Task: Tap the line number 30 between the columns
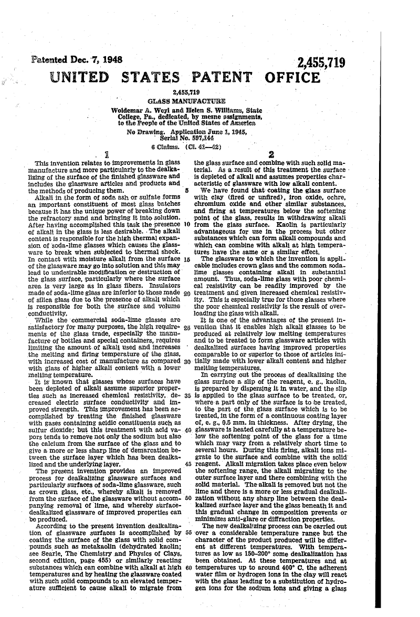(x=187, y=362)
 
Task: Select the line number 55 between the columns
(x=187, y=532)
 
